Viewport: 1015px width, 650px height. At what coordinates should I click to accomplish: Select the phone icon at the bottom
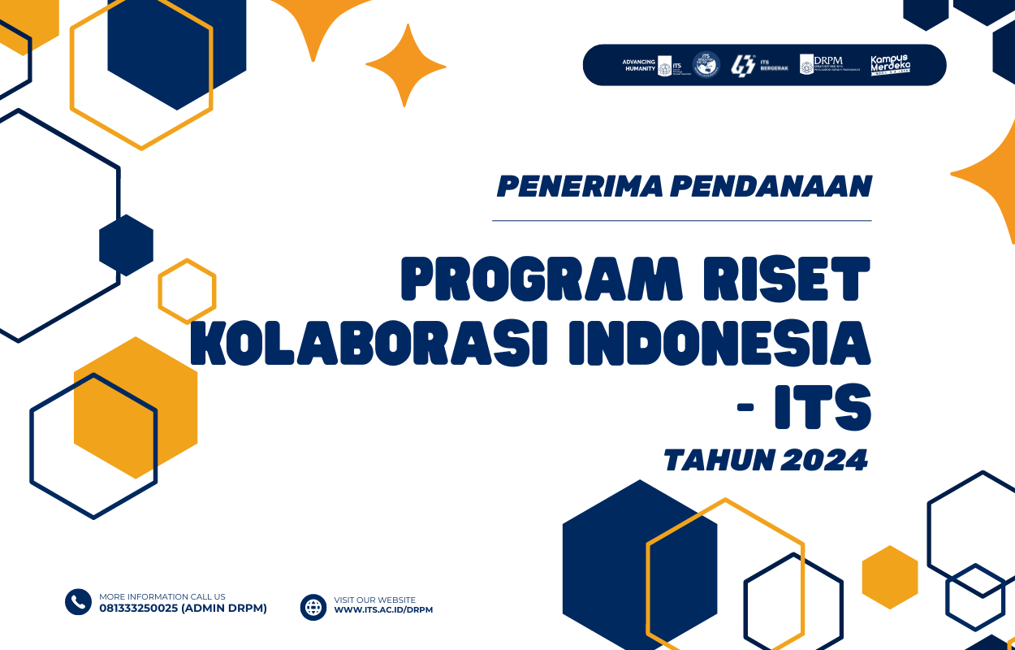[78, 602]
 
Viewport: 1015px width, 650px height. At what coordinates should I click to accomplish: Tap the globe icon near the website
[313, 607]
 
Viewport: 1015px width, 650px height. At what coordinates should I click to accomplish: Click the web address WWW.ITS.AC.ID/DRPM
[383, 610]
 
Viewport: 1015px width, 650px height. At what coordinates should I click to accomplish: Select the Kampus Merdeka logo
[891, 65]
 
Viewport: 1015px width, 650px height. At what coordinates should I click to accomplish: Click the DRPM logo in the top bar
[828, 65]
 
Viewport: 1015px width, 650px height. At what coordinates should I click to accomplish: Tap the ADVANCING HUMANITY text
[638, 65]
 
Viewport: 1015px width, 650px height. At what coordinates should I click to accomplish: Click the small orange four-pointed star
[405, 65]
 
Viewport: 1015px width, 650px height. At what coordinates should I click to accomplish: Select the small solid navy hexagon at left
[126, 245]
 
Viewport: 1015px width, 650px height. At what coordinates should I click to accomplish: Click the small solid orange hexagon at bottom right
[890, 577]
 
